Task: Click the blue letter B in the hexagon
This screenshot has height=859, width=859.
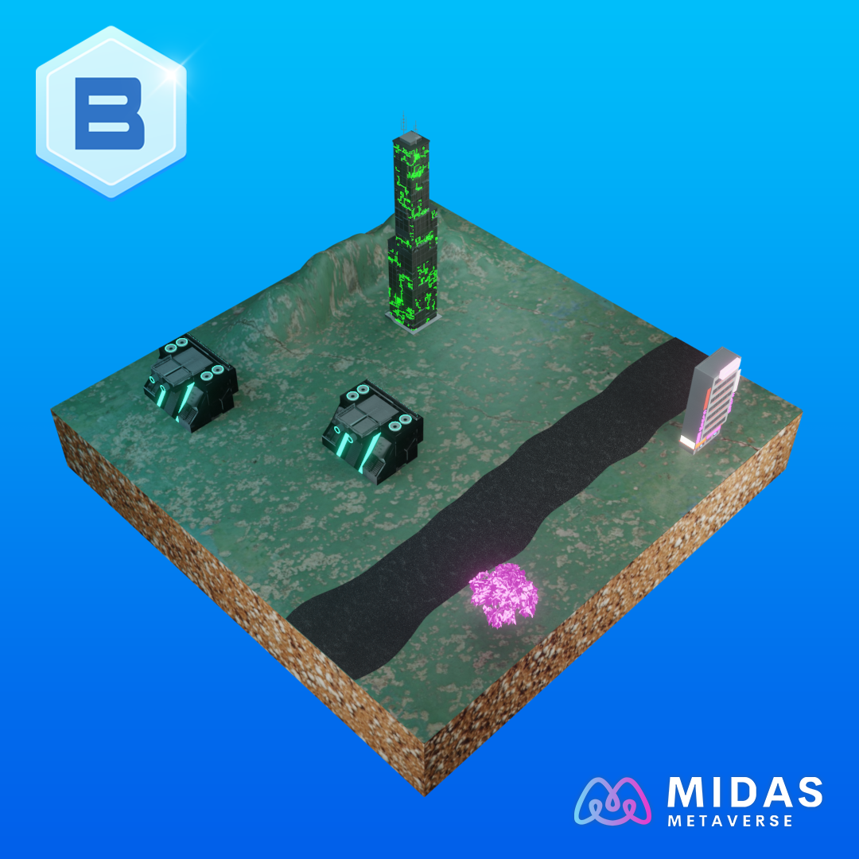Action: (110, 114)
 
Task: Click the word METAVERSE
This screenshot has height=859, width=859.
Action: (730, 821)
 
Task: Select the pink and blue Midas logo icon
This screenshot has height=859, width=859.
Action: (612, 801)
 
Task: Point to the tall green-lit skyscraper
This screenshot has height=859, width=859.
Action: (414, 230)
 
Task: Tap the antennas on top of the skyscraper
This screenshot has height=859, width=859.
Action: (410, 123)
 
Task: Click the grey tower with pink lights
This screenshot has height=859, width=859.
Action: (711, 400)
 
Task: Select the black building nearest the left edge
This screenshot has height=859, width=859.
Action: (191, 383)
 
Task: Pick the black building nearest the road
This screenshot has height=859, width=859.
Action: (373, 432)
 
